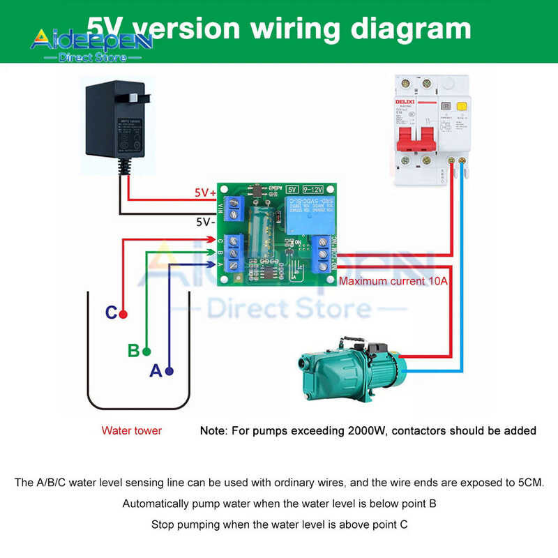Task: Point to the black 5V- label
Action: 204,223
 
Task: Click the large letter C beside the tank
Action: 111,313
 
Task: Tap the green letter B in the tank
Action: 133,351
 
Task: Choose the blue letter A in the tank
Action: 156,371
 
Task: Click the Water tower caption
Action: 131,430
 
